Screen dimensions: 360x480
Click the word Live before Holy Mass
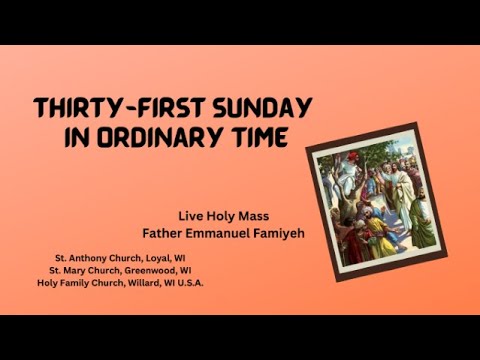191,214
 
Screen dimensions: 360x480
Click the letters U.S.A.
191,281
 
